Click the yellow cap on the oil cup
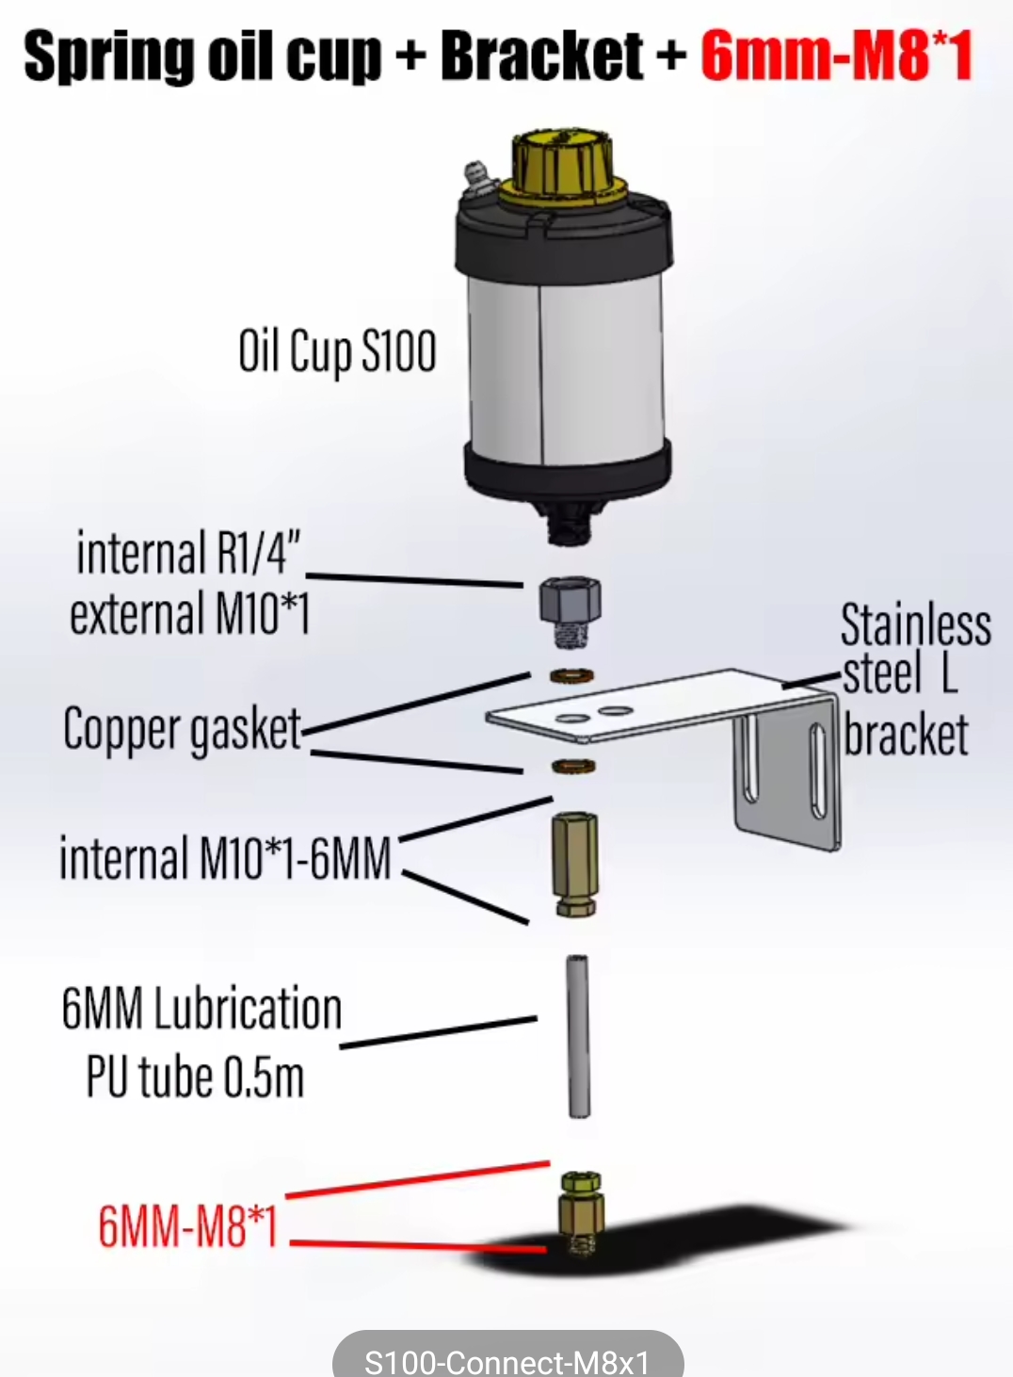563,166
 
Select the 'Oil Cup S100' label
337,352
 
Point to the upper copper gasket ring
571,675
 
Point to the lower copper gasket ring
572,766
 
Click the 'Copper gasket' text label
182,730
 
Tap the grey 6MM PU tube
577,1036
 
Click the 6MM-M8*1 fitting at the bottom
579,1214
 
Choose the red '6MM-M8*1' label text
188,1226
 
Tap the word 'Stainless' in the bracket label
915,625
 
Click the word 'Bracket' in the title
542,57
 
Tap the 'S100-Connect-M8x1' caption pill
507,1359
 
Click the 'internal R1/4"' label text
187,553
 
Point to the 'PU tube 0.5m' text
195,1077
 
